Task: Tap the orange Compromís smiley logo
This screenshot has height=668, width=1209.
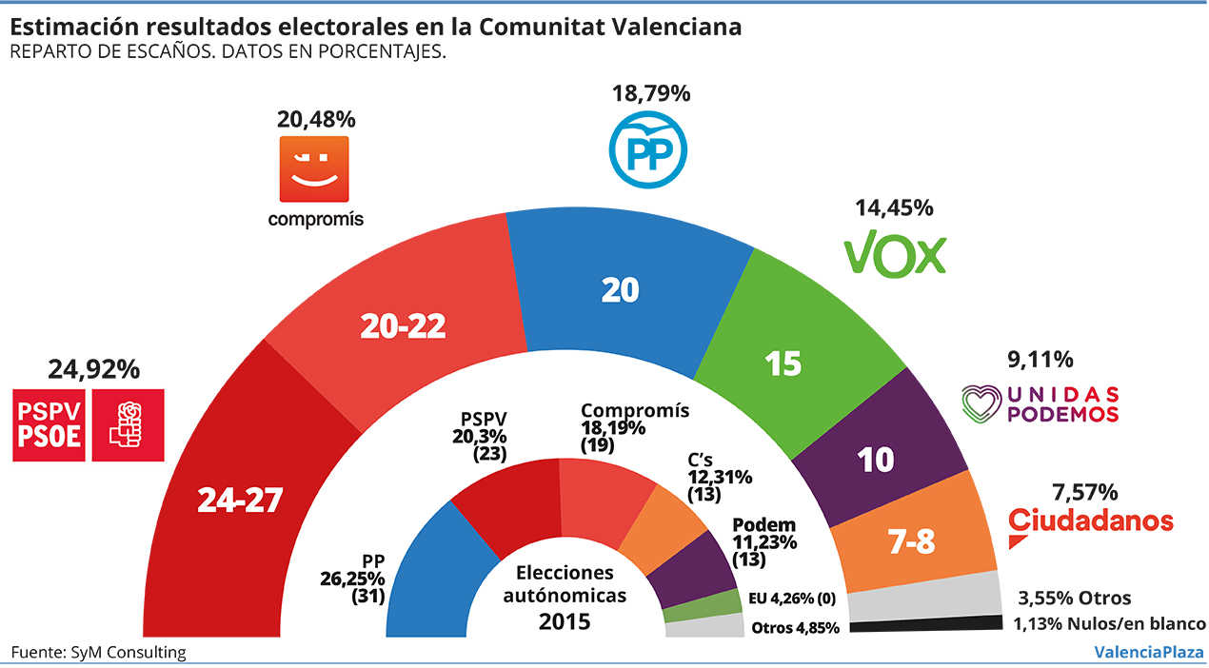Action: pyautogui.click(x=313, y=168)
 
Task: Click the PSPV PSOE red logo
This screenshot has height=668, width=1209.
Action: pyautogui.click(x=88, y=424)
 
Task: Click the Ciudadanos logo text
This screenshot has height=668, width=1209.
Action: pyautogui.click(x=1090, y=521)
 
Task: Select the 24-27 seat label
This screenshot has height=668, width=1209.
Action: pyautogui.click(x=240, y=500)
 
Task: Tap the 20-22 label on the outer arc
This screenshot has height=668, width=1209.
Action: pyautogui.click(x=403, y=326)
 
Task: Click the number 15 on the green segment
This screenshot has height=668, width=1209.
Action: pyautogui.click(x=783, y=363)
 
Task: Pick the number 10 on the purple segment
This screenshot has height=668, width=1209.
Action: pyautogui.click(x=876, y=460)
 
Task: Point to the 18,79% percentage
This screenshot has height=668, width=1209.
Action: pyautogui.click(x=652, y=94)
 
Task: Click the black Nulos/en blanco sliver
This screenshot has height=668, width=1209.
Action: pyautogui.click(x=923, y=625)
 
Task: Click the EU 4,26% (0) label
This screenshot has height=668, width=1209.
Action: pyautogui.click(x=793, y=599)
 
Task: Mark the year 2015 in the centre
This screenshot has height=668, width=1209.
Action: pyautogui.click(x=565, y=622)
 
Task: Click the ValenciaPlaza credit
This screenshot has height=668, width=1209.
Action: pyautogui.click(x=1149, y=652)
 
